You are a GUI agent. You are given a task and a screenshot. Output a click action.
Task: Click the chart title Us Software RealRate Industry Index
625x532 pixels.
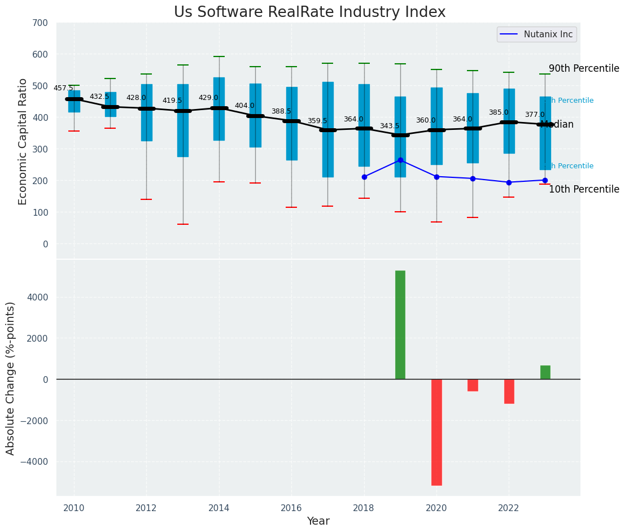(x=309, y=12)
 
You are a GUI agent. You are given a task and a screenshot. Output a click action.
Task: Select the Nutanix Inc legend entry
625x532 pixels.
(x=536, y=34)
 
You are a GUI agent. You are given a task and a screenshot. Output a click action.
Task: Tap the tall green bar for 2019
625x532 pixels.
(x=400, y=325)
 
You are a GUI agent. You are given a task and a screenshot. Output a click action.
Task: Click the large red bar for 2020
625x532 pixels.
(x=436, y=432)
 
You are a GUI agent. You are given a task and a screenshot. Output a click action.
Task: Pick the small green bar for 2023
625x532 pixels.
(x=545, y=372)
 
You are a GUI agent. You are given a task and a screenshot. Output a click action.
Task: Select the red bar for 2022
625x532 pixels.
(x=509, y=391)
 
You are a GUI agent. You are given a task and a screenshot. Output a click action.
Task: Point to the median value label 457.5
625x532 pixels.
(x=63, y=88)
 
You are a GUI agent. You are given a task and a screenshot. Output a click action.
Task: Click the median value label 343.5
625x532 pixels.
(x=390, y=126)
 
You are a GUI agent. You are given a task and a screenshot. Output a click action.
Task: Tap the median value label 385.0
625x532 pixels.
(x=499, y=112)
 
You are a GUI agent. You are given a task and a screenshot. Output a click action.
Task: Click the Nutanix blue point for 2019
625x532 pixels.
(x=400, y=160)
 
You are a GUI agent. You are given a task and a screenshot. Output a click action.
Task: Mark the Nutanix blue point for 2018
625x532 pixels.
(x=364, y=177)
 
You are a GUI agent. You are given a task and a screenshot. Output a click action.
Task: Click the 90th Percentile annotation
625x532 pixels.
(x=584, y=68)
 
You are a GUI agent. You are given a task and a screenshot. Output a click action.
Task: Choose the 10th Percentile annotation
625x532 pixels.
(x=584, y=190)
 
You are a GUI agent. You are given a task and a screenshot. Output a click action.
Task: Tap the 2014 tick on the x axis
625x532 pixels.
(x=219, y=508)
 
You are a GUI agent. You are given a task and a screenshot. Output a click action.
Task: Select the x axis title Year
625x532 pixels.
(x=318, y=521)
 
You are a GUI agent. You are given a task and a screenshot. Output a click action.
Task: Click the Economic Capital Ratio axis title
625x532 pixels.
(x=23, y=141)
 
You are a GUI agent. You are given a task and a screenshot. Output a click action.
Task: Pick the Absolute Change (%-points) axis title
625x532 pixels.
(x=11, y=378)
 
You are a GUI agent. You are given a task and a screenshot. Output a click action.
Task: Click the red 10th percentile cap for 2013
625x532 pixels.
(x=183, y=224)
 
